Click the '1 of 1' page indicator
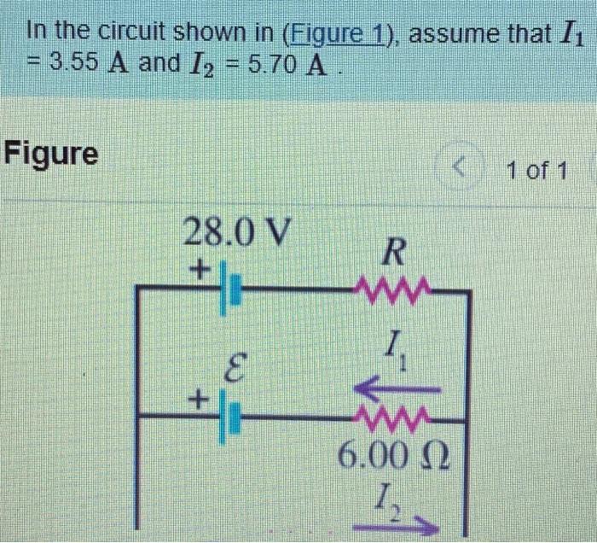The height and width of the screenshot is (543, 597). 536,170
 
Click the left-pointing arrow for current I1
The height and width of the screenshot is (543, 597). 396,389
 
